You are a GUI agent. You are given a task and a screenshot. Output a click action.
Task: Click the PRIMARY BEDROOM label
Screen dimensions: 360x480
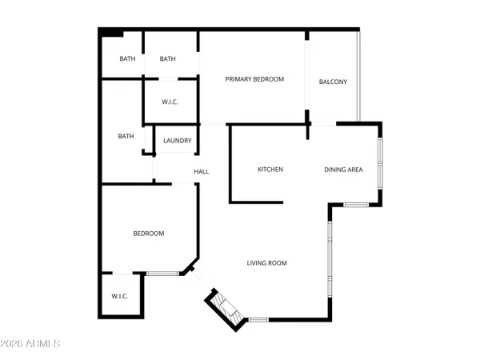coord(254,78)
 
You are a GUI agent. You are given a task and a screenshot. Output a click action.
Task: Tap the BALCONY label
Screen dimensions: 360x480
coord(333,82)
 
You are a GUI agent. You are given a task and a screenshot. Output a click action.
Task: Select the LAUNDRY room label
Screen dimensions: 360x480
coord(177,141)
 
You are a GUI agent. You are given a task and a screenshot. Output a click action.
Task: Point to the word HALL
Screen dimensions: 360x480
coord(202,171)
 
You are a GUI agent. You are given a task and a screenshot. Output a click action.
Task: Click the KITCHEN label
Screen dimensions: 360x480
coord(270,169)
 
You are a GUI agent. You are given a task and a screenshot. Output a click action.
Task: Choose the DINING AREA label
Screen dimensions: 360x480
coord(343,169)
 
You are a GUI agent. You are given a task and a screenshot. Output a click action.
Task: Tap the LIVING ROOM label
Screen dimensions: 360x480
coord(266,262)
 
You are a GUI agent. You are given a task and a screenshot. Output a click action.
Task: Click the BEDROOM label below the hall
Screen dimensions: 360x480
coord(148,233)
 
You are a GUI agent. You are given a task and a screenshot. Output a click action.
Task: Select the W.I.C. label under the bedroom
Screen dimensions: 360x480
coord(119,296)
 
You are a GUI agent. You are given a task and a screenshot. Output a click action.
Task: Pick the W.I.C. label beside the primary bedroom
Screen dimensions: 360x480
coord(170,101)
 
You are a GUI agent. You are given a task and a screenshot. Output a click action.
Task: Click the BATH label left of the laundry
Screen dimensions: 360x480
coord(126,136)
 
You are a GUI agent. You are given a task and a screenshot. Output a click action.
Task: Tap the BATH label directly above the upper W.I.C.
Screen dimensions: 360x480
coord(167,58)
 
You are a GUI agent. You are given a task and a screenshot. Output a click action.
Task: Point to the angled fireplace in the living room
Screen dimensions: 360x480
coord(226,307)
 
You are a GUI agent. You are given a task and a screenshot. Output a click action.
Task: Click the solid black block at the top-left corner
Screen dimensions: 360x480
coord(110,33)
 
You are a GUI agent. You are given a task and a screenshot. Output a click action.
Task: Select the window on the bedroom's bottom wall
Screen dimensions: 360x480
coord(162,274)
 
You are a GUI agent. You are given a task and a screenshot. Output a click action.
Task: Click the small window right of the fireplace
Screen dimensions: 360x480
coord(258,320)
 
